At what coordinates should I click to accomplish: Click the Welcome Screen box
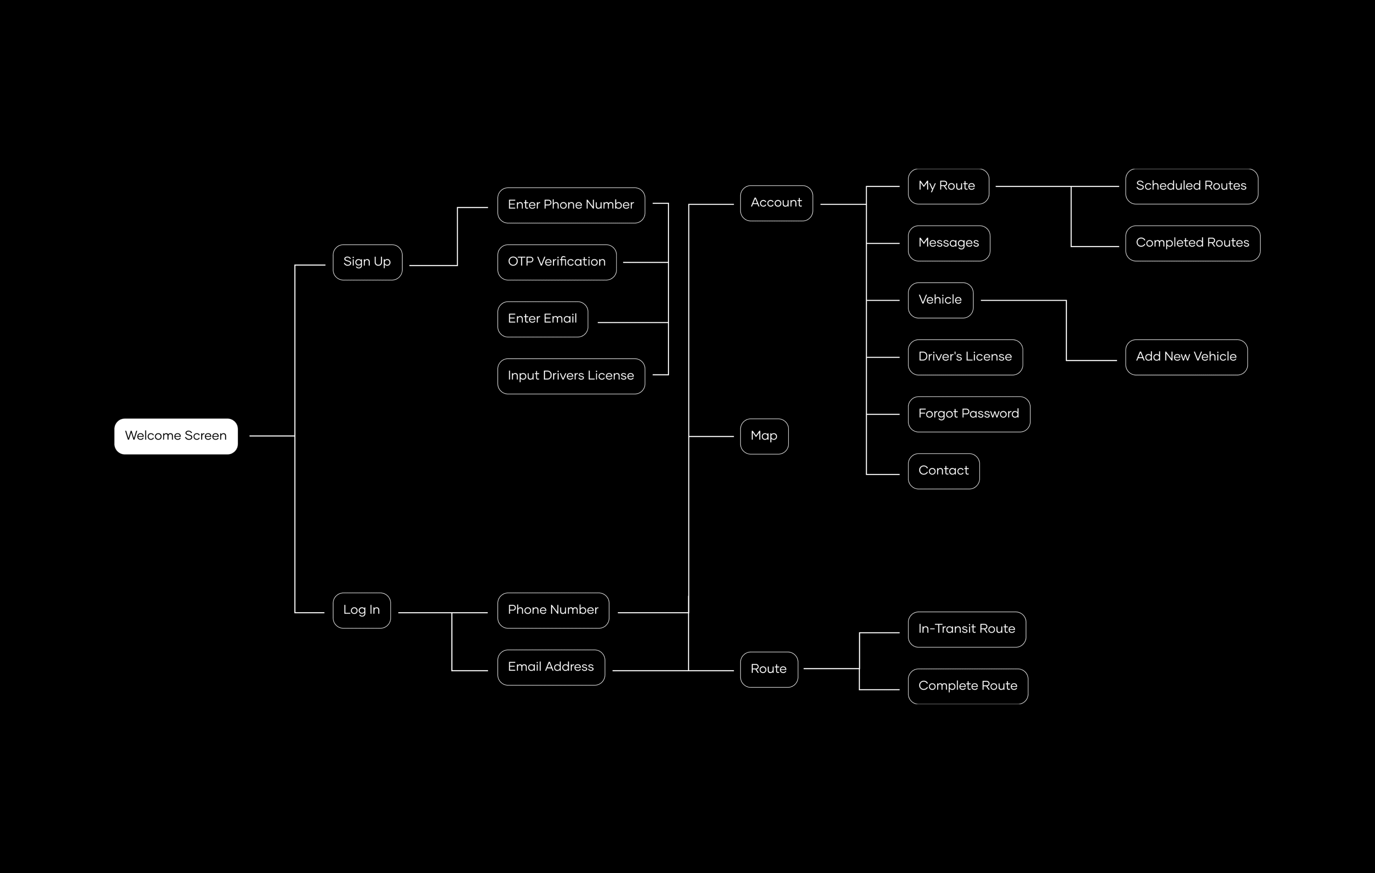point(176,436)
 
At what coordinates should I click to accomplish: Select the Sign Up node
point(367,262)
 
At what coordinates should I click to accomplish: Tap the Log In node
point(361,611)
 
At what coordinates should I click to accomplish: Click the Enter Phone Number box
point(571,205)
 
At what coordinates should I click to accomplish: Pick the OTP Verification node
point(557,262)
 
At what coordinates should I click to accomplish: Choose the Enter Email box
point(542,319)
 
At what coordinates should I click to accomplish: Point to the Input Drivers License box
point(571,376)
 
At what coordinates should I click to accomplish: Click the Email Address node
point(551,668)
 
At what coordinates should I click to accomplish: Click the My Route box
point(948,186)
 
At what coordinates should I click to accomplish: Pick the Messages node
point(949,243)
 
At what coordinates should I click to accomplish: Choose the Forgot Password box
point(969,414)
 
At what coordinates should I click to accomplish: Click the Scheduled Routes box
point(1192,186)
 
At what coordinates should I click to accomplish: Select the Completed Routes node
point(1193,243)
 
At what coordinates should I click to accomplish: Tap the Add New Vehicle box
point(1186,357)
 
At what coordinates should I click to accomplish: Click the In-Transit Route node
point(967,629)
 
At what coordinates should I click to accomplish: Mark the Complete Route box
point(968,686)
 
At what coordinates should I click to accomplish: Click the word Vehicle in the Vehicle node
point(940,300)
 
